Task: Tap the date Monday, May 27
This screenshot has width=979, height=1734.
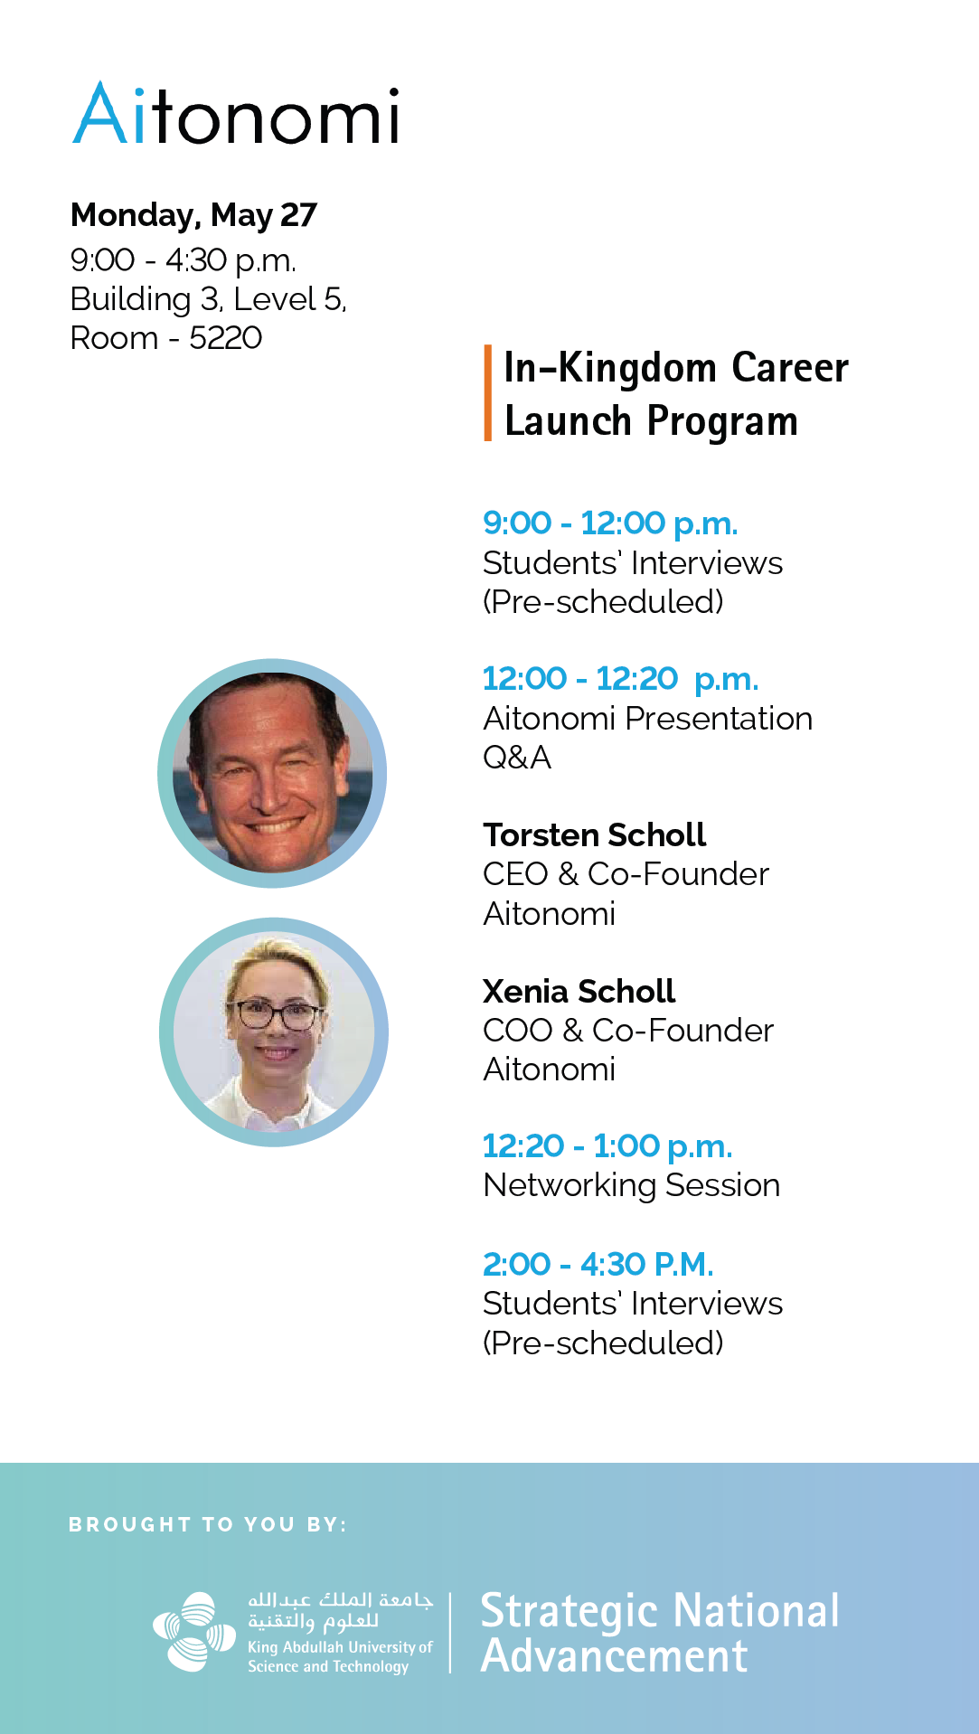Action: point(193,215)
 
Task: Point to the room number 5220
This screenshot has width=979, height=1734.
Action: point(225,338)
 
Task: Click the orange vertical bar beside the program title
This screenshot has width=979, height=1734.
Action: point(488,392)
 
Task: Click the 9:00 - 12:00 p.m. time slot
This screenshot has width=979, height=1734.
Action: point(610,523)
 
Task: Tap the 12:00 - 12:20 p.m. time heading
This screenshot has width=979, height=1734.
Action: point(620,678)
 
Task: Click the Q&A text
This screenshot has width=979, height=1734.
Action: point(517,758)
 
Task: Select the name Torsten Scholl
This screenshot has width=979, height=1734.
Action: point(594,834)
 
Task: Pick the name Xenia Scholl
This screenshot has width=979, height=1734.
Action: point(579,991)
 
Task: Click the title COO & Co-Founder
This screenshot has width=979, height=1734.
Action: point(628,1031)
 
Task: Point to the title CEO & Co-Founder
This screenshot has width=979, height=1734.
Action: point(626,874)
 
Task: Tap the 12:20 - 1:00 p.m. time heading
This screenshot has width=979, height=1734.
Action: point(607,1146)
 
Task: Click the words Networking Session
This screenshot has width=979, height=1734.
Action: point(632,1185)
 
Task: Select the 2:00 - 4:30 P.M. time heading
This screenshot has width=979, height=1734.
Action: point(598,1264)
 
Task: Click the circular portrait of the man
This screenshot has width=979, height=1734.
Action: point(272,773)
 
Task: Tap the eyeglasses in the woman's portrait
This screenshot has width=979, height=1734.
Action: point(278,1014)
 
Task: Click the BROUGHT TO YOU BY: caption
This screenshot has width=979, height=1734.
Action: point(208,1524)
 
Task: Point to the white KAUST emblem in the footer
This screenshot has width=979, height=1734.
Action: point(194,1632)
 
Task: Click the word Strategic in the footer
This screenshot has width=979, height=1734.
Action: point(570,1613)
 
